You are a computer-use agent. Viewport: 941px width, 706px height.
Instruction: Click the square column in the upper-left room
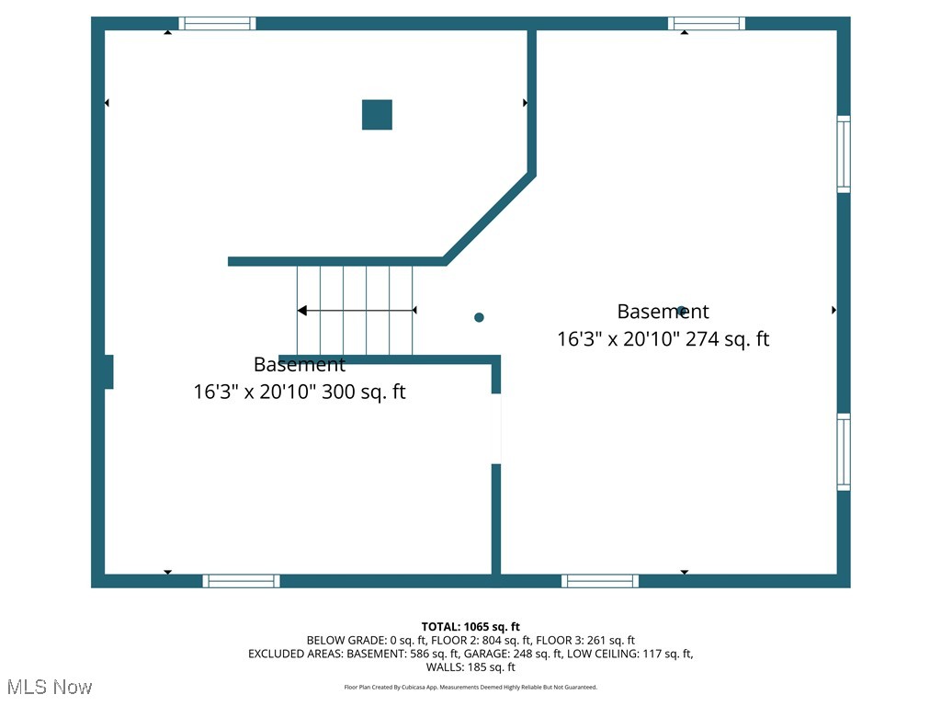(x=377, y=115)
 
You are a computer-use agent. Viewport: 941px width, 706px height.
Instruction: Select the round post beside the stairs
(x=479, y=317)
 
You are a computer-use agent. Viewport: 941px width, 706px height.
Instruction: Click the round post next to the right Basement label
(x=681, y=311)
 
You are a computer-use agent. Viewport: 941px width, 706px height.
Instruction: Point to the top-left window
(x=217, y=23)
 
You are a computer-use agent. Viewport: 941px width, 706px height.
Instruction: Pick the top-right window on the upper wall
(x=706, y=23)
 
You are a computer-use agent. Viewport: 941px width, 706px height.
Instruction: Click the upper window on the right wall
(x=843, y=154)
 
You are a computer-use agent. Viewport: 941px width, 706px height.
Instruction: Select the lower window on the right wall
(x=843, y=451)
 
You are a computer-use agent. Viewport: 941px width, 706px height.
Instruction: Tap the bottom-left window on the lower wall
(x=241, y=581)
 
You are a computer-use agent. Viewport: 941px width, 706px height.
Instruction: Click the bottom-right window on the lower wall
(x=600, y=581)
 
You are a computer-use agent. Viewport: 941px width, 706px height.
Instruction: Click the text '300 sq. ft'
(x=360, y=393)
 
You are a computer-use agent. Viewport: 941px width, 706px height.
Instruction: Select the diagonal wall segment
(x=489, y=218)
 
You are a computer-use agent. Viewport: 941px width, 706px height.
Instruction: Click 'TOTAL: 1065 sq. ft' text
(x=470, y=627)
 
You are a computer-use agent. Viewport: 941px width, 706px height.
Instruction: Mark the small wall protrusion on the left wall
(x=108, y=371)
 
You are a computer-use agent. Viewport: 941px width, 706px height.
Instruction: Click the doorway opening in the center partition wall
(x=496, y=428)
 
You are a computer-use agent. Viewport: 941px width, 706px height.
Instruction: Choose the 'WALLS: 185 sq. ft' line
(x=470, y=667)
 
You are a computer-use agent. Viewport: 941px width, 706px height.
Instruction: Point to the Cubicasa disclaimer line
(x=470, y=687)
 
